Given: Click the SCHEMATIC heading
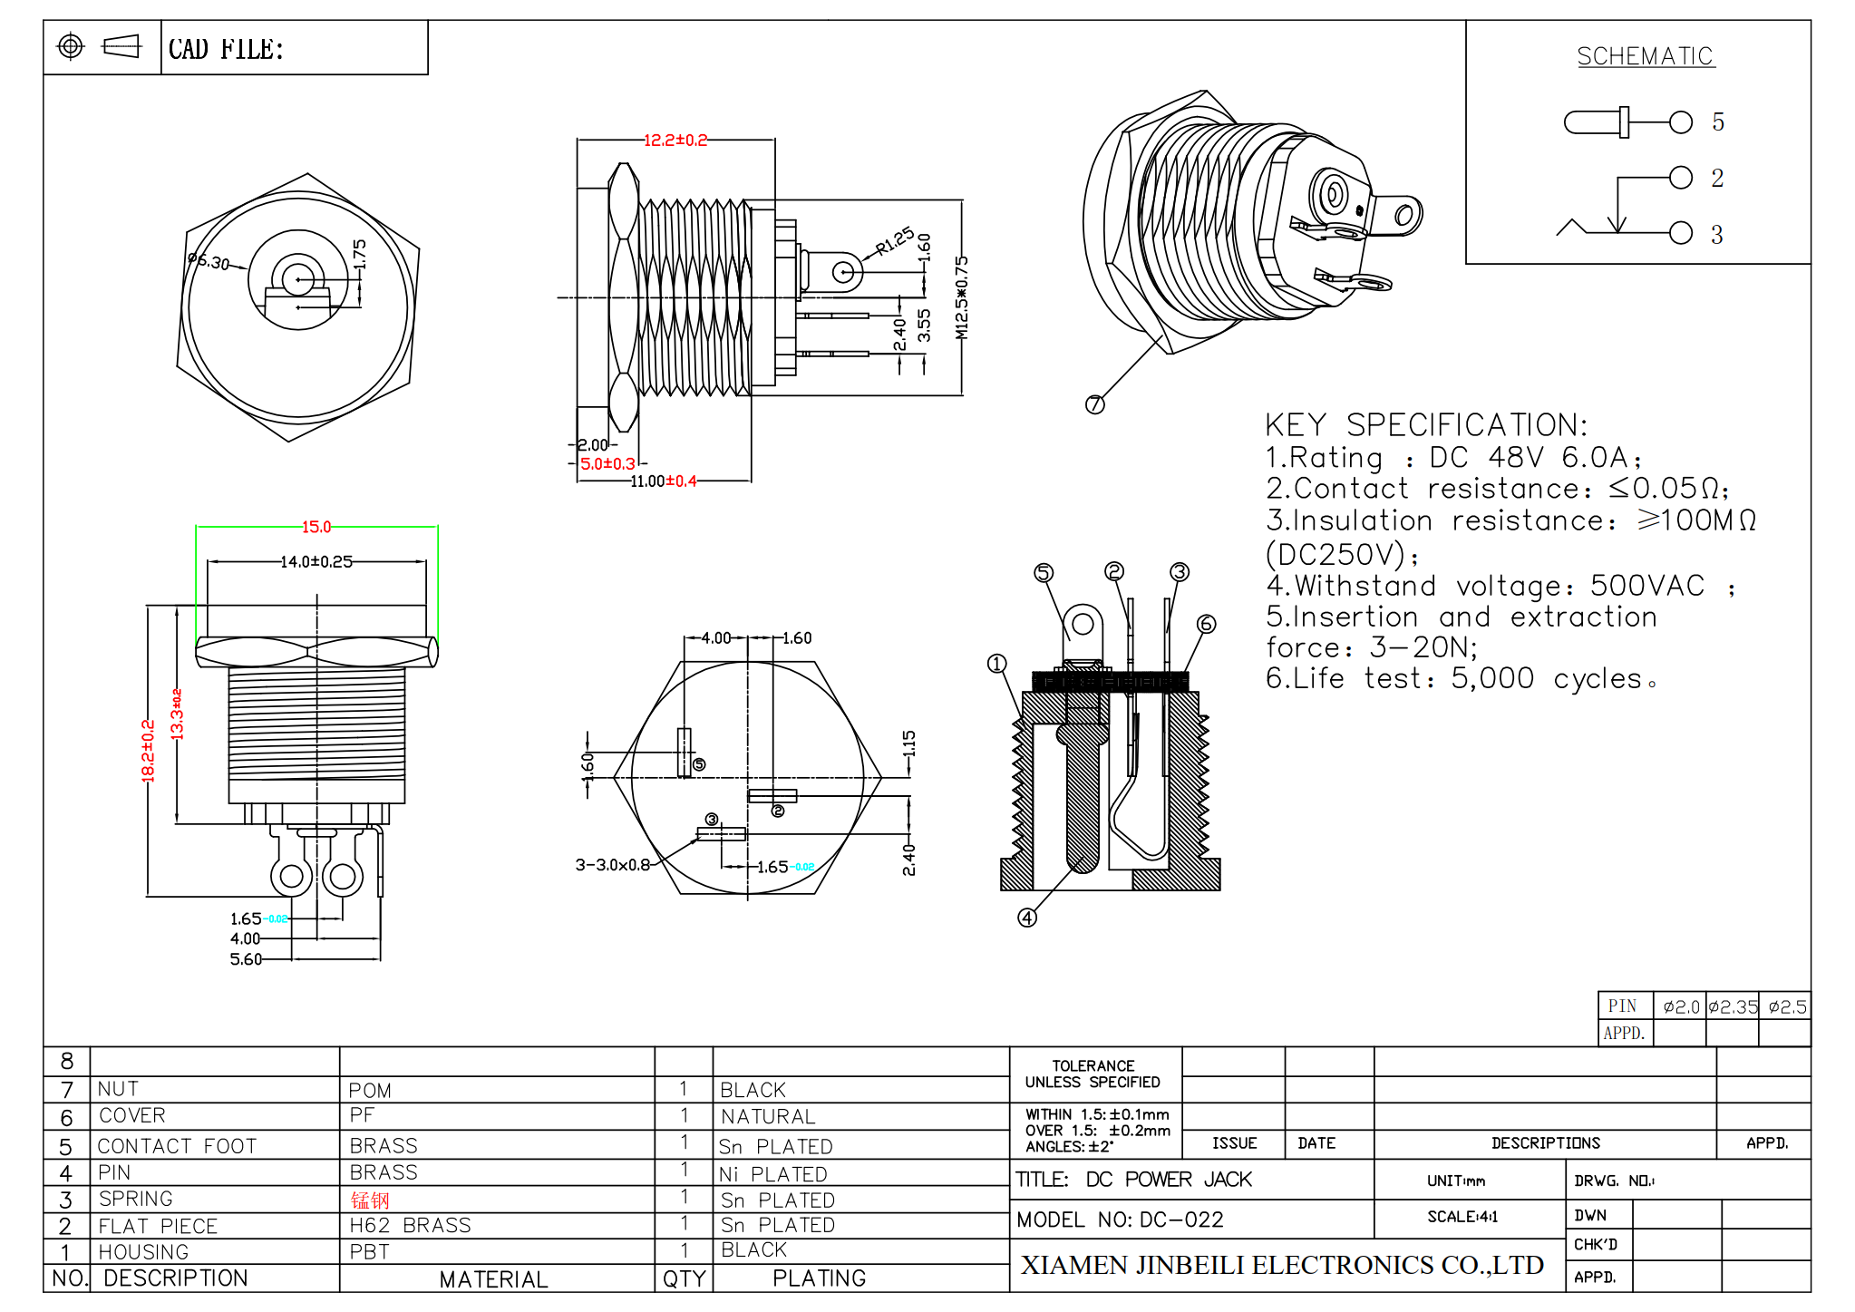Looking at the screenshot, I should click(1645, 56).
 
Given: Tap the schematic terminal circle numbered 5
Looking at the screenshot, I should click(1680, 122).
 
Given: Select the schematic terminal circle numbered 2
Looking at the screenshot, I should click(1680, 178).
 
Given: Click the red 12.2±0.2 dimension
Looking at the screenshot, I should click(675, 141).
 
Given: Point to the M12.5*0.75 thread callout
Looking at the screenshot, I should click(962, 297).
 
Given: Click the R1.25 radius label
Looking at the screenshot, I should click(895, 241).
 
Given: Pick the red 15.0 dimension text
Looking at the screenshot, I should click(316, 527).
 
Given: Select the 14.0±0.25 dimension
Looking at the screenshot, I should click(316, 562).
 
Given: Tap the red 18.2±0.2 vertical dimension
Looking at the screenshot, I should click(149, 751).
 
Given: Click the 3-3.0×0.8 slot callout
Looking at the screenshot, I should click(613, 865).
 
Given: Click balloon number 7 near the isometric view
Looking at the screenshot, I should click(1095, 404).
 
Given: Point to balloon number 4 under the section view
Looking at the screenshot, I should click(1026, 918).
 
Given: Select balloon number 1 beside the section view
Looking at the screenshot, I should click(996, 664).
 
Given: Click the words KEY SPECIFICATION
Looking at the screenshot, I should click(1425, 425).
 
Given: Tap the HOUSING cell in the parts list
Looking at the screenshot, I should click(143, 1252).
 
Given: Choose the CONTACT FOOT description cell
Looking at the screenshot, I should click(177, 1146).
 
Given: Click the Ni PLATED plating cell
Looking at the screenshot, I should click(772, 1174).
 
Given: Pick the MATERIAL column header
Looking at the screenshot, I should click(493, 1279).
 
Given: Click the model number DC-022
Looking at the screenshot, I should click(1180, 1220).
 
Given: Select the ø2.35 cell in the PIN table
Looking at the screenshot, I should click(1732, 1007).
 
